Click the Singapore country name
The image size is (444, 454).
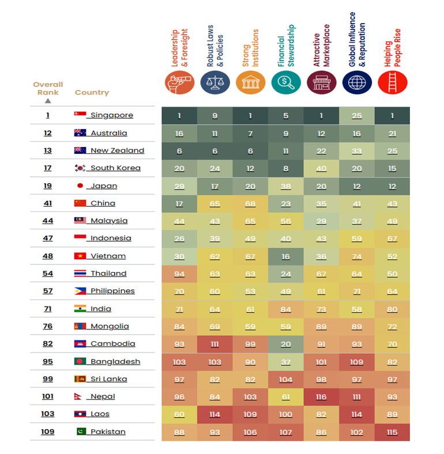(x=111, y=115)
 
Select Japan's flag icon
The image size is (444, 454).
(x=80, y=186)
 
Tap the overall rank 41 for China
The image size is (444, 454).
(x=47, y=203)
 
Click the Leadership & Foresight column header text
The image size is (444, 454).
(x=177, y=49)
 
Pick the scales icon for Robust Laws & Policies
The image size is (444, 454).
(x=215, y=83)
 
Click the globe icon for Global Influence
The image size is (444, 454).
(x=357, y=83)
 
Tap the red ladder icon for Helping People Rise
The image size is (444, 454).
(x=393, y=83)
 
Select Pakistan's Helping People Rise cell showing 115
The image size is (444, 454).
(x=392, y=432)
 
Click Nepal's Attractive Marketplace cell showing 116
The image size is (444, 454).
(x=321, y=396)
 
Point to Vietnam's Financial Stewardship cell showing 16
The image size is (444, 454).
(x=285, y=256)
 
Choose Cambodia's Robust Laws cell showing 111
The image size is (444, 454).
(x=215, y=343)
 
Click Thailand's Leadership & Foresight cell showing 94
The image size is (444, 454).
(x=179, y=274)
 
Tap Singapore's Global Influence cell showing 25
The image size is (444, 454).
(x=357, y=115)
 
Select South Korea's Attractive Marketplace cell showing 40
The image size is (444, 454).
(x=321, y=168)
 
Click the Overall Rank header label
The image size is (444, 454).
(x=48, y=88)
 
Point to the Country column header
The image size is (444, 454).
(x=92, y=92)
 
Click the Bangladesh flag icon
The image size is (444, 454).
(x=80, y=361)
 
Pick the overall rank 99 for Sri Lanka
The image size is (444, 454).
(x=47, y=379)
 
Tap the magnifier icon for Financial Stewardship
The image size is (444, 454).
(x=286, y=83)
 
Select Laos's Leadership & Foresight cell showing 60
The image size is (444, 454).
(x=179, y=414)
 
